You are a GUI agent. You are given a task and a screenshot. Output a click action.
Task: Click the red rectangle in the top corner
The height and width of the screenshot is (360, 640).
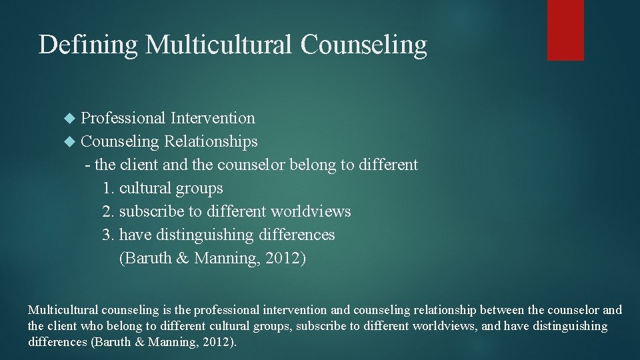point(565,30)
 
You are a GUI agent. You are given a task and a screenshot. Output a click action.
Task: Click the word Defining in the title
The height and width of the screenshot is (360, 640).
point(88,45)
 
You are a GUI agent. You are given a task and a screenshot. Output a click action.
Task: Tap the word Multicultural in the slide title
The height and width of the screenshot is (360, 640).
point(219,45)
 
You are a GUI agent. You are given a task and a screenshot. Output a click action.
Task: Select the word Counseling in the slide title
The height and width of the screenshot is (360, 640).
point(363,45)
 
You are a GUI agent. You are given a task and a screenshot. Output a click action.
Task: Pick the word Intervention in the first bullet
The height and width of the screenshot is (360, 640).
point(213,118)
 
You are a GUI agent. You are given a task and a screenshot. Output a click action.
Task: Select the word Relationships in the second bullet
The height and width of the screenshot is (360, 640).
point(211,141)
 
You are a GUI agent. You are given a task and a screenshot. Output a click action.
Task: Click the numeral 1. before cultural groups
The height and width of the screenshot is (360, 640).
point(109,189)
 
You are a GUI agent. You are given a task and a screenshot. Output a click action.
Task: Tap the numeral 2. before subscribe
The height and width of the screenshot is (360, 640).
point(109,212)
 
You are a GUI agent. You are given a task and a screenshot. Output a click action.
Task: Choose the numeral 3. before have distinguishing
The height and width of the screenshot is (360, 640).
point(109,235)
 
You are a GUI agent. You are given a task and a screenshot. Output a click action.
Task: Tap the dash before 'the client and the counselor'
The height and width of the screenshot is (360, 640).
point(88,165)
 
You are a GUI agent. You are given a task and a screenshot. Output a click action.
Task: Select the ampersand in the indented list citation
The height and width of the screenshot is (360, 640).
point(183,259)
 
